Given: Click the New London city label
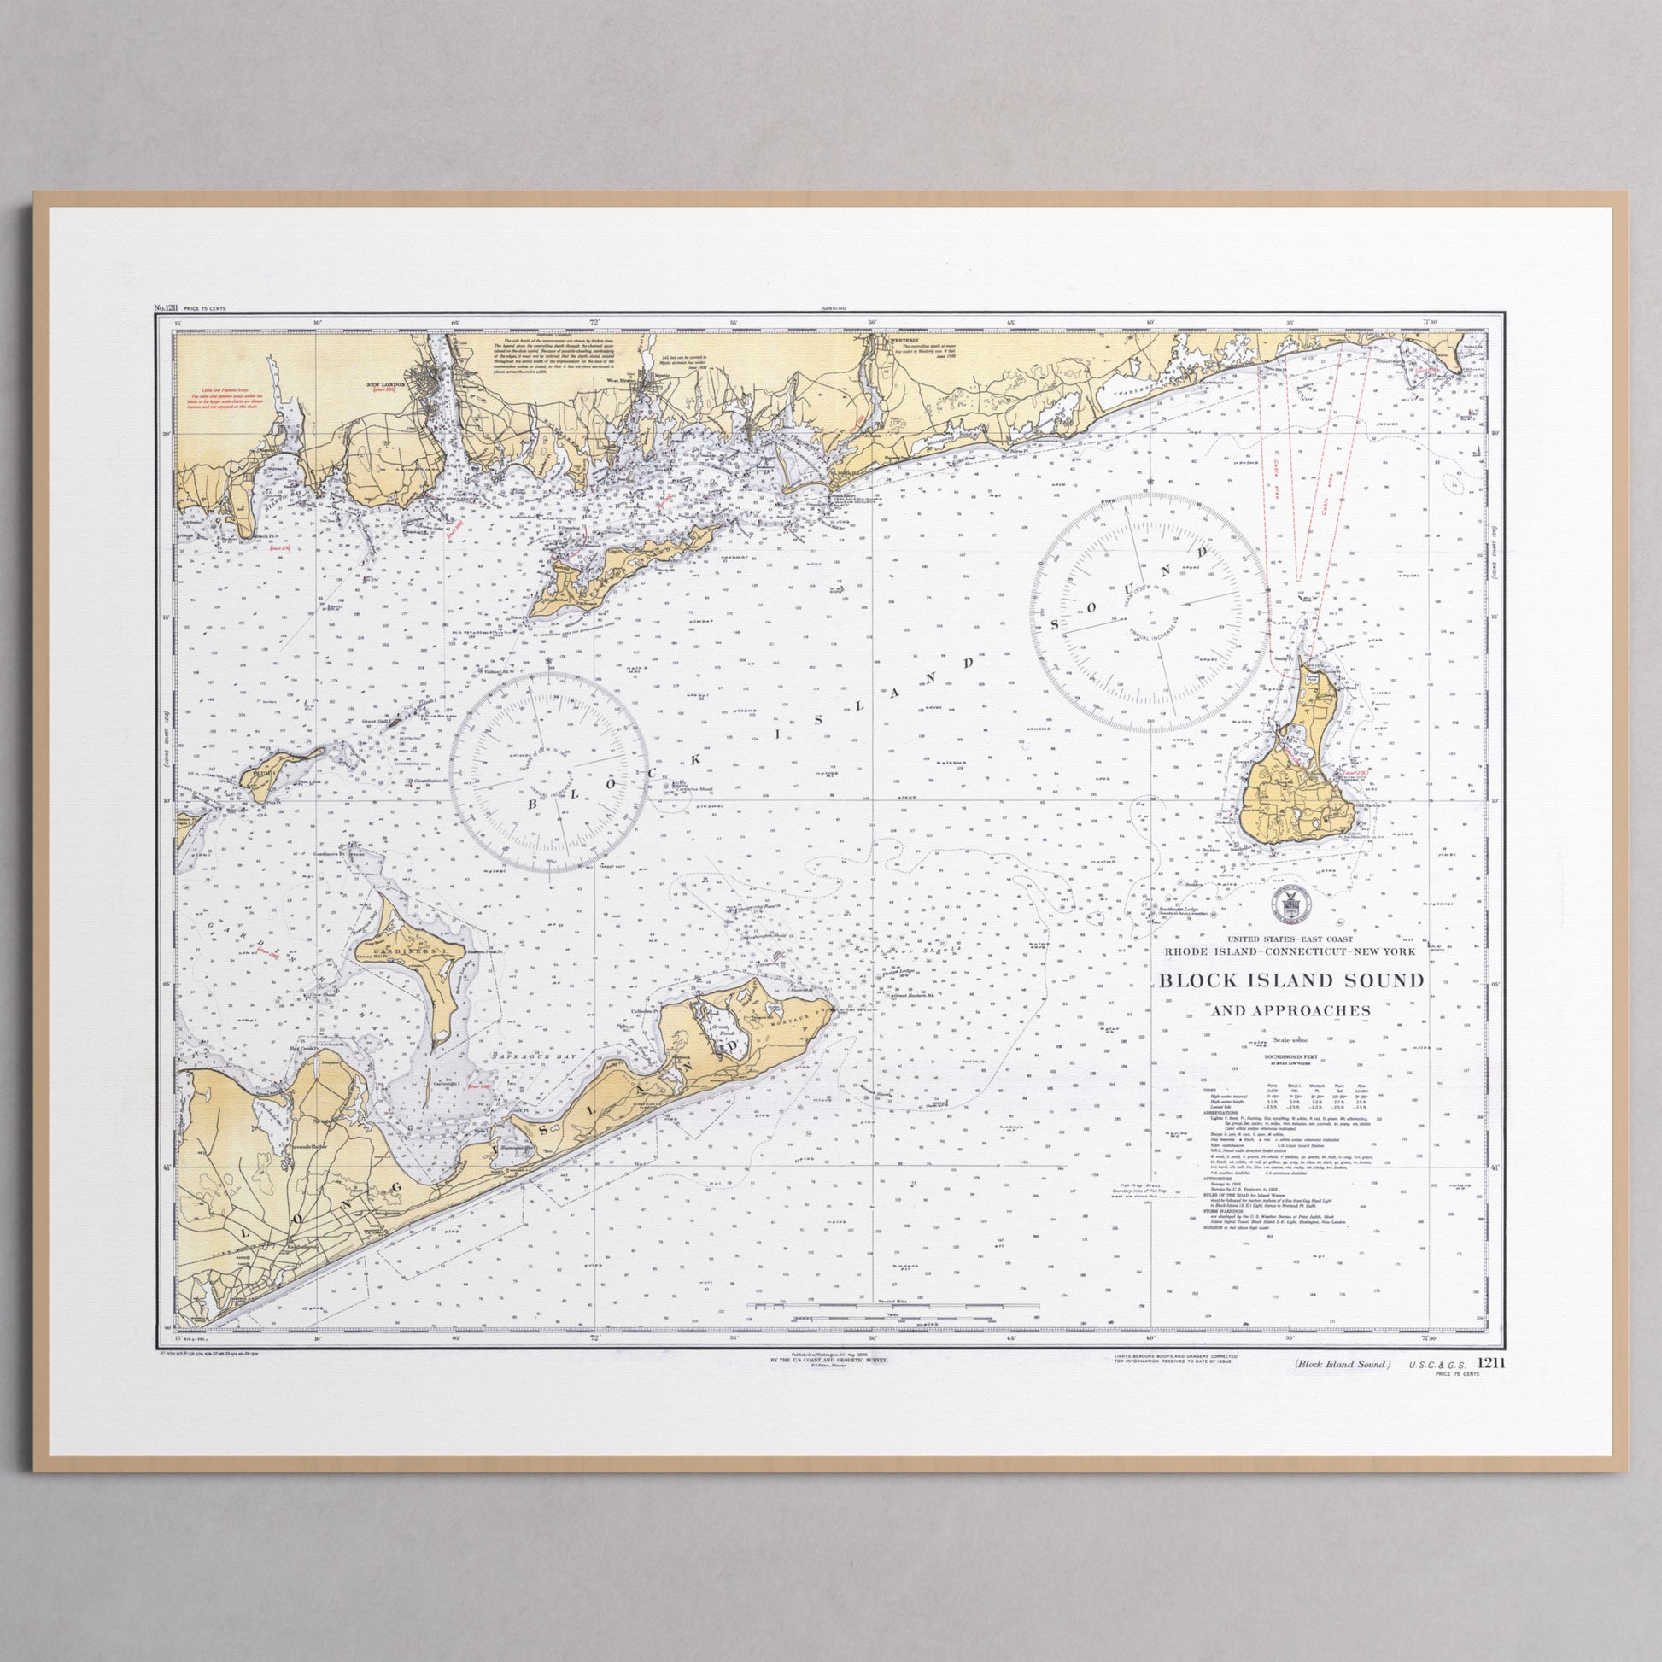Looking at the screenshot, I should click(384, 384).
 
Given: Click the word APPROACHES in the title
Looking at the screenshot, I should click(1290, 1011).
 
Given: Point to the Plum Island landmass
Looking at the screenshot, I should click(275, 767).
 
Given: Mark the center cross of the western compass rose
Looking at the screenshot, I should click(549, 773).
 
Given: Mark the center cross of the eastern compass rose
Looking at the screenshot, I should click(1150, 612).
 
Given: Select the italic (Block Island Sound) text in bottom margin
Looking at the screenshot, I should click(1343, 1364).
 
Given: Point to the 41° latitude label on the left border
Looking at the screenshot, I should click(167, 1167).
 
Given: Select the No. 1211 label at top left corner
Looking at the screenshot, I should click(165, 307).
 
